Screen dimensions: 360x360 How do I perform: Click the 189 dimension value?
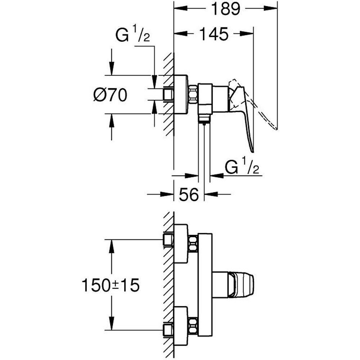[225, 9]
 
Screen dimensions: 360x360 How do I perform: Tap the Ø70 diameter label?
[110, 95]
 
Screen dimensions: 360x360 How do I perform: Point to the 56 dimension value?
[189, 195]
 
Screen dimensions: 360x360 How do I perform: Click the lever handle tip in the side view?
[252, 148]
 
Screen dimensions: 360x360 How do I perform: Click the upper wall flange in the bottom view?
[181, 244]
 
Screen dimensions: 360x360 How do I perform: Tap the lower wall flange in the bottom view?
[181, 321]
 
